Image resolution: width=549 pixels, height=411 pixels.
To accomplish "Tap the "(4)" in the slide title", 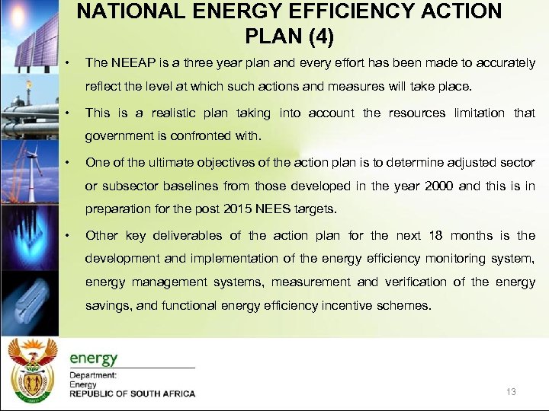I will click(x=315, y=35).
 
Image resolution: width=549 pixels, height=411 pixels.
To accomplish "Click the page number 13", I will click(x=511, y=392).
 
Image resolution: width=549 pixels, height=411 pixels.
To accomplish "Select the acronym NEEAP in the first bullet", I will click(x=131, y=63).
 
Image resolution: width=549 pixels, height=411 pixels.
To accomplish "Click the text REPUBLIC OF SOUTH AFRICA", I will click(x=132, y=394).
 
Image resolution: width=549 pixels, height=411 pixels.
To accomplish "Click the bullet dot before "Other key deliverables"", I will click(x=68, y=235).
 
